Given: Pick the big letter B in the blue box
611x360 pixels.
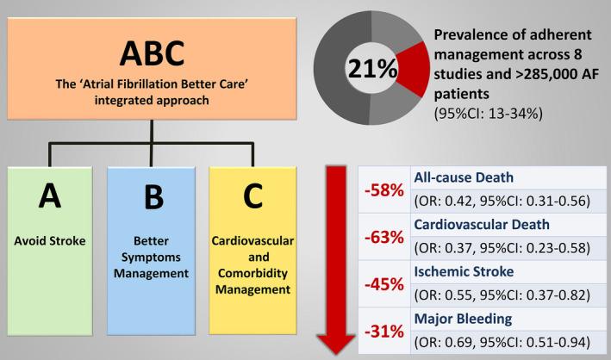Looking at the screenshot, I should [152, 197].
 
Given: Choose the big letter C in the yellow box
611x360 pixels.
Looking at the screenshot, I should [253, 197].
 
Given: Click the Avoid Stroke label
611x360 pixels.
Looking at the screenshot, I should [50, 240].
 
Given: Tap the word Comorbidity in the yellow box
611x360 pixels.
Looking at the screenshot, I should [253, 273].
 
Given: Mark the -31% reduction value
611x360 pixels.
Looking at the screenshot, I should [384, 331].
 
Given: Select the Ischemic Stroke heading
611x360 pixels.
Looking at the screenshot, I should [464, 272].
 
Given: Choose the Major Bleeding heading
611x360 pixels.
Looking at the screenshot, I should [464, 319].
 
